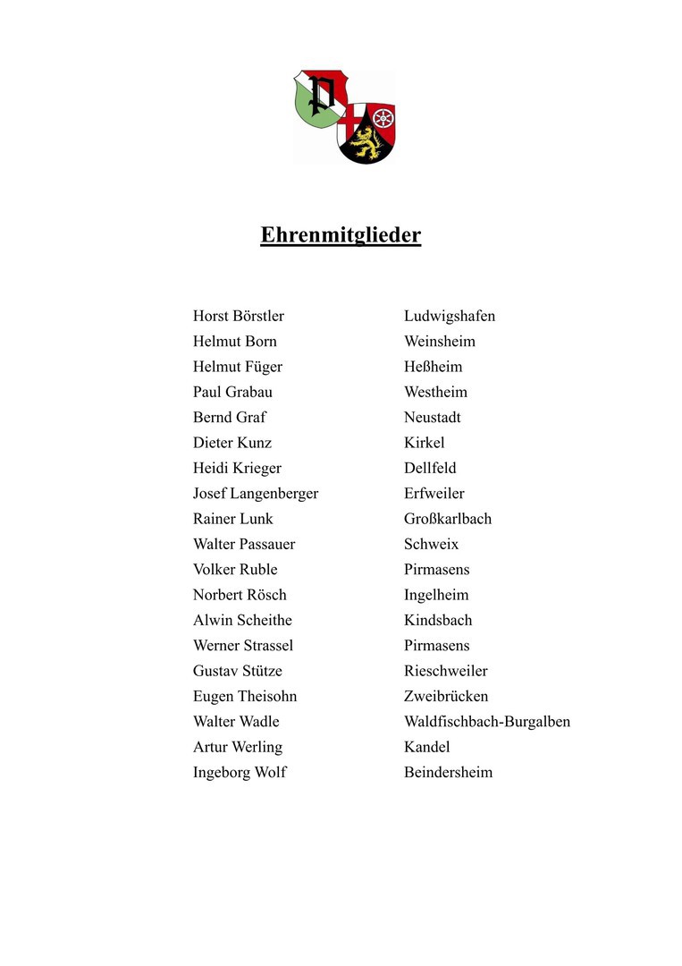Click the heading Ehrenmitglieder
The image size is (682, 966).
coord(341,235)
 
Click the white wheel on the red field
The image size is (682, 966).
coord(383,117)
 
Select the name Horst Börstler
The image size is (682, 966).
coord(238,316)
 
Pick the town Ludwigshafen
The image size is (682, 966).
coord(449,316)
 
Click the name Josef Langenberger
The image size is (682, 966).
coord(255,493)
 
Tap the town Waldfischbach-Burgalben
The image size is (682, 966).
coord(486,721)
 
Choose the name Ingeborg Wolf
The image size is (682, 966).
coord(240,772)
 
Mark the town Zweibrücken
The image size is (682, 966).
coord(446,696)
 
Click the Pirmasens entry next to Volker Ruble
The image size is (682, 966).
coord(436,569)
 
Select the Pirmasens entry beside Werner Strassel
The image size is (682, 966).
coord(436,645)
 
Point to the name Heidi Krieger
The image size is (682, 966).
coord(237,468)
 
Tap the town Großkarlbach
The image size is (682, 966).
coord(447,519)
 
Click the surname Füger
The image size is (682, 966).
coord(263,367)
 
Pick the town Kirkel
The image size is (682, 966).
coord(424,443)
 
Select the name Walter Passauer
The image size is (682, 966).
coord(243,544)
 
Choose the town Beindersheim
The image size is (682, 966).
coord(448,772)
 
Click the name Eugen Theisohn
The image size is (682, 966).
coord(244,696)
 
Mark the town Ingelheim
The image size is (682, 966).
coord(435,595)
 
